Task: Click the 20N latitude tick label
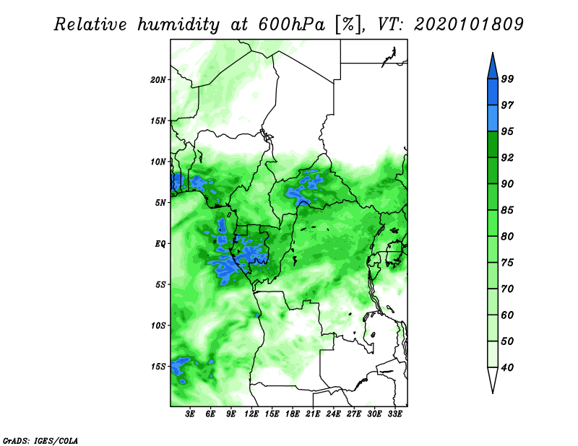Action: tap(158, 80)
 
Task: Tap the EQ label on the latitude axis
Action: tap(160, 244)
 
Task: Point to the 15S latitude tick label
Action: tap(158, 367)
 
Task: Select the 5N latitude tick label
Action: tap(160, 203)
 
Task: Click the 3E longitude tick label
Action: tap(190, 414)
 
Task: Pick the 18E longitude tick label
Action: tap(293, 414)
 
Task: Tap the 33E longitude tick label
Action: tap(394, 414)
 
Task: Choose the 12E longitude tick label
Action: tap(251, 414)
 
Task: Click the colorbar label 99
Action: tap(507, 79)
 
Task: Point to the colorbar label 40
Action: tap(507, 367)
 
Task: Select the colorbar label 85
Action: tap(507, 210)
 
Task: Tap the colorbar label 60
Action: tap(507, 315)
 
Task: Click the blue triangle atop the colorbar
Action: tap(493, 68)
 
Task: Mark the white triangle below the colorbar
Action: tap(493, 378)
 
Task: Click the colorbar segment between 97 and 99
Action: tap(493, 92)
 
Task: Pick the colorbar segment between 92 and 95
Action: tap(493, 144)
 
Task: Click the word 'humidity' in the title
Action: tap(178, 25)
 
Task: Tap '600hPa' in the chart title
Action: tap(291, 25)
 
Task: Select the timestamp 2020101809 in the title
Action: tap(468, 25)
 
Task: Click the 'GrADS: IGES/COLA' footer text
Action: tap(40, 440)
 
